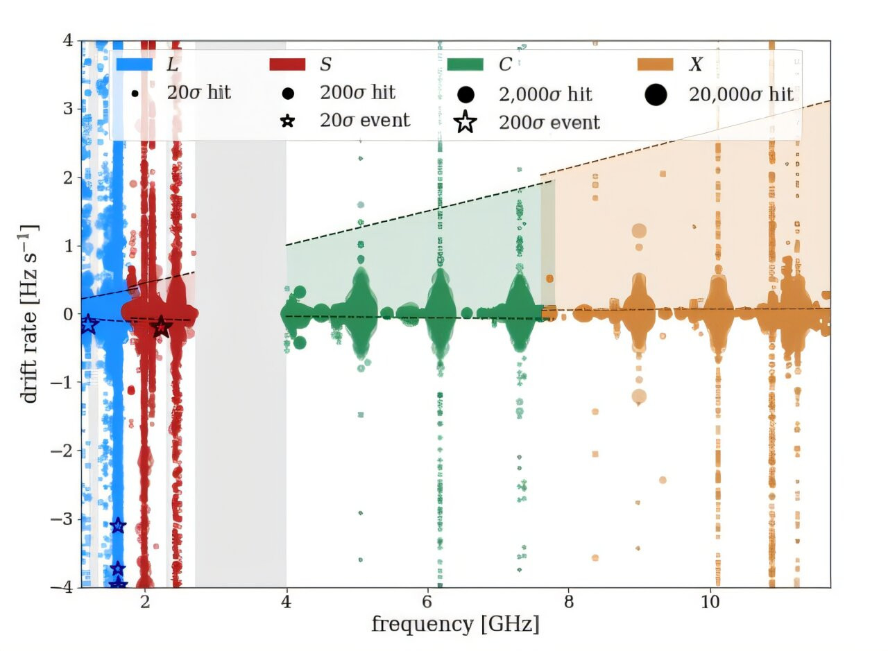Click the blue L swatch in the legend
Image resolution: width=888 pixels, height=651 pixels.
135,64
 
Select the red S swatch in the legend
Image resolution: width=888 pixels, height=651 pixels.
287,64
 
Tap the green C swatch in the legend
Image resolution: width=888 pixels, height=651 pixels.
465,64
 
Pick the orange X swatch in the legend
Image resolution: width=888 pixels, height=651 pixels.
656,64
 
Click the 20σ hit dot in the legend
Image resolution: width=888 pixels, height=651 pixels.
135,94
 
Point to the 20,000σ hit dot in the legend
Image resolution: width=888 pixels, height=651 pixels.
656,95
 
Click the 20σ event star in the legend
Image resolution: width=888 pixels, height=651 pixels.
288,121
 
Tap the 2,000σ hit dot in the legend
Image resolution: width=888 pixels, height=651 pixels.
466,95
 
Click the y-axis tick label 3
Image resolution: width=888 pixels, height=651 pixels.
68,109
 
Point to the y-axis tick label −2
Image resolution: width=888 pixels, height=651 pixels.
62,451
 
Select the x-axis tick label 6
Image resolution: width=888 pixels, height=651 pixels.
427,602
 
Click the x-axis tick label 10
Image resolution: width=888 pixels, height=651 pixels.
710,602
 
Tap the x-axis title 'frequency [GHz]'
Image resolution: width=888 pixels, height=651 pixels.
456,625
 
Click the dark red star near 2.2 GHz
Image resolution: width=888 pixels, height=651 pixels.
161,327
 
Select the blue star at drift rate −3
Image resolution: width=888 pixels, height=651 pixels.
118,526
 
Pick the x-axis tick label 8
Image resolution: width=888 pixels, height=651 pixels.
568,602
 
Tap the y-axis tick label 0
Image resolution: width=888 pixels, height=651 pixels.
68,314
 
